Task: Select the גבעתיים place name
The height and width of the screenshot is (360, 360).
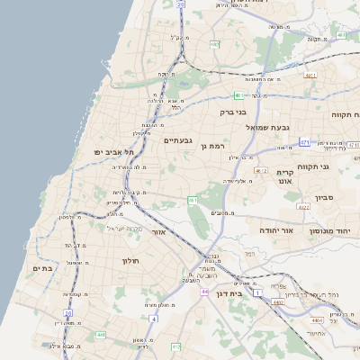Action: click(178, 140)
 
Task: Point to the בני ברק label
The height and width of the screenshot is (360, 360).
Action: click(233, 112)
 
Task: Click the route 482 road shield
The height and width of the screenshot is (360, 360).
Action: click(238, 94)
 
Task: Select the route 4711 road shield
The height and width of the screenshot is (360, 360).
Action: click(310, 76)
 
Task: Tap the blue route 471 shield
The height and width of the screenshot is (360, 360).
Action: click(305, 142)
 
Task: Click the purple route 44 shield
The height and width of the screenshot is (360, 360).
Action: click(205, 292)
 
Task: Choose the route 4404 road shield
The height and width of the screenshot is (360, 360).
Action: click(316, 319)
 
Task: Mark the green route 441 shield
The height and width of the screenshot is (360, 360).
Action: click(100, 335)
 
